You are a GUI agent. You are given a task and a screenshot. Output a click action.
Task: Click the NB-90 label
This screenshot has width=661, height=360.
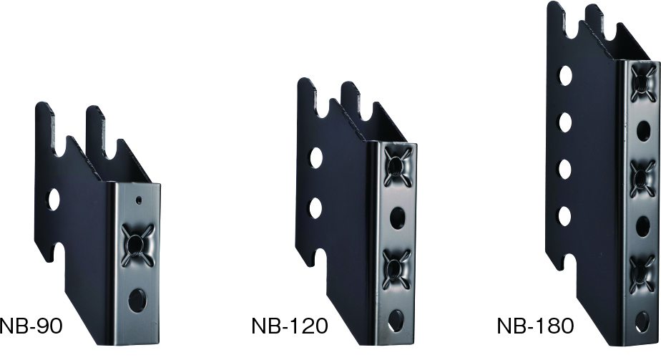click(x=31, y=326)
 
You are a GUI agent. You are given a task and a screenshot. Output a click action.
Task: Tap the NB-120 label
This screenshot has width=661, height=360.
click(x=290, y=326)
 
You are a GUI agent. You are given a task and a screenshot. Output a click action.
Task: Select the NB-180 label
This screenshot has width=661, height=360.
click(x=535, y=326)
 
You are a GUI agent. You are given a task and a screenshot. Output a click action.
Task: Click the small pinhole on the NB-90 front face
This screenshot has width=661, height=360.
click(x=139, y=200)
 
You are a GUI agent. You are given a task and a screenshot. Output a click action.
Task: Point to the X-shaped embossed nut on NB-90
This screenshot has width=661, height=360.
click(x=137, y=245)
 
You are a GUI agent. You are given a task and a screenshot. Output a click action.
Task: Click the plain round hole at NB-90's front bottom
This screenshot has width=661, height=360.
click(x=137, y=300)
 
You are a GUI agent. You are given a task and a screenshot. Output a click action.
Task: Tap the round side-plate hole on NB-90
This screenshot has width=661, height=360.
click(x=54, y=200)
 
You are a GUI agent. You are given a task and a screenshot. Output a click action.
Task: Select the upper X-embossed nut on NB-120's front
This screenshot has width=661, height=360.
click(x=397, y=165)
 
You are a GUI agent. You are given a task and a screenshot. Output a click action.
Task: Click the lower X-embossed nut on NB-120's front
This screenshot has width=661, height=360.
click(x=396, y=269)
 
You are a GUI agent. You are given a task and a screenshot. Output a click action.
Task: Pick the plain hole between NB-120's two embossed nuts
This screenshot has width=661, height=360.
click(x=397, y=218)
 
